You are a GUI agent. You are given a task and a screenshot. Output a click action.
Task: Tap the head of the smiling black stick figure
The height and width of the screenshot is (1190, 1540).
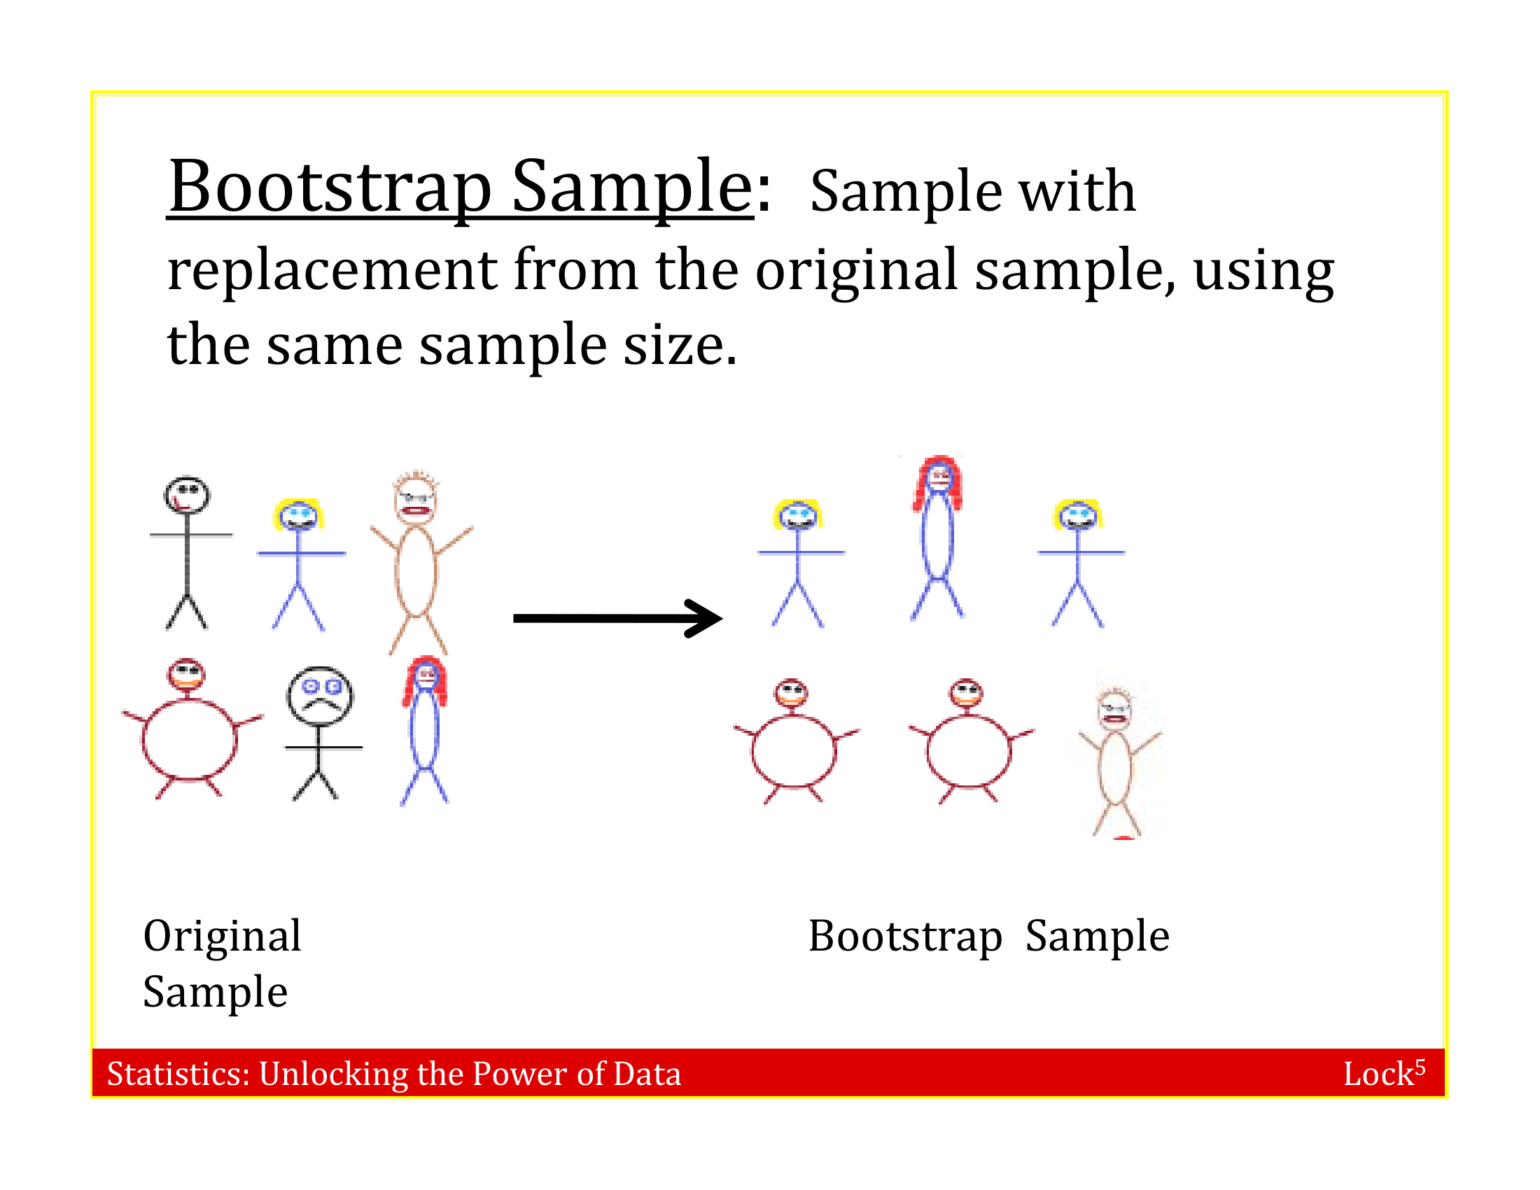coord(187,496)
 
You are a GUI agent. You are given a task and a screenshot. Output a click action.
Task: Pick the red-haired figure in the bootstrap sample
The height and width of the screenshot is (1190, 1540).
coord(938,535)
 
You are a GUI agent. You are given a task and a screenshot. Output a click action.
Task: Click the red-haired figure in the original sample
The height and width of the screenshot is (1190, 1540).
coord(425,729)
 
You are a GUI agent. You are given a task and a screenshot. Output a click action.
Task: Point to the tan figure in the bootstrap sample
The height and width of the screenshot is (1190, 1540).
coord(1116,762)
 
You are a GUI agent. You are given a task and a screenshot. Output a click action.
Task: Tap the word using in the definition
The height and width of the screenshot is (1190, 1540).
coord(1263,272)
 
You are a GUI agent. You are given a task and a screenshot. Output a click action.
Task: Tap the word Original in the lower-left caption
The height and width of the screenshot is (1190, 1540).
coord(222,937)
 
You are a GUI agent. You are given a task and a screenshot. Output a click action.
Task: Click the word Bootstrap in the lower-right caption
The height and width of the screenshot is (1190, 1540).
coord(904,937)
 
